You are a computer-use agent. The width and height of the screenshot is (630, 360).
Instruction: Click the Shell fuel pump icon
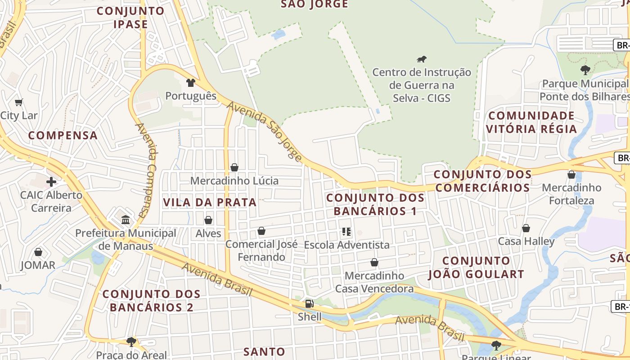[x=309, y=304]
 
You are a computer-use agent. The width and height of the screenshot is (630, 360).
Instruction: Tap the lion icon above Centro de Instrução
[x=422, y=59]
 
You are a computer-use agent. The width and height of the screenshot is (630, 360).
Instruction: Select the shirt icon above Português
[x=191, y=83]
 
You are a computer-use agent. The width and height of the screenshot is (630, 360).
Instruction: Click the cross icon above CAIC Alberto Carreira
[x=51, y=182]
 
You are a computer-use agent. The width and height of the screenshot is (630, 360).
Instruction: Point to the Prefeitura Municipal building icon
[x=126, y=220]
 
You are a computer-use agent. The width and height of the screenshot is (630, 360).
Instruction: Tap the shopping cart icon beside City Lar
[x=19, y=102]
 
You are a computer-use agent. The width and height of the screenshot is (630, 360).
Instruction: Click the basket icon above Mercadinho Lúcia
[x=234, y=167]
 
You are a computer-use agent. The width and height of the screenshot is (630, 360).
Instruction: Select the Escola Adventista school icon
[x=346, y=232]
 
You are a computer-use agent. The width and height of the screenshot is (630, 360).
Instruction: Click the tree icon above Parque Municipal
[x=585, y=70]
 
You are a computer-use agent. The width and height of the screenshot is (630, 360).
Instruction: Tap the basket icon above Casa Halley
[x=526, y=228]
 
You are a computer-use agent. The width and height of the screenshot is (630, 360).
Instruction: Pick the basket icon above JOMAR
[x=38, y=252]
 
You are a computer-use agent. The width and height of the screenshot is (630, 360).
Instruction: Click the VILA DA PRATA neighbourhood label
[x=210, y=202]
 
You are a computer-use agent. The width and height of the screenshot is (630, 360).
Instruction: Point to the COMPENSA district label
[x=63, y=135]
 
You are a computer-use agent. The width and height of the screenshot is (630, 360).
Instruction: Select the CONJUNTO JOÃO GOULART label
[x=476, y=267]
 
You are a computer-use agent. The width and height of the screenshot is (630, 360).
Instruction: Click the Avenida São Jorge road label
[x=265, y=131]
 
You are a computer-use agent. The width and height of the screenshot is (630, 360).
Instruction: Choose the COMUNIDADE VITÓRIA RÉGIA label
[x=531, y=122]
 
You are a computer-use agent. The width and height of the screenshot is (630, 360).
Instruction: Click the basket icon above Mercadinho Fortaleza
[x=571, y=174]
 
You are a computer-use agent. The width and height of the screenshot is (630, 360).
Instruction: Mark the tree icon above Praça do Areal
[x=131, y=342]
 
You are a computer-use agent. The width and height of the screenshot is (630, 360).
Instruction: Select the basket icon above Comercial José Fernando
[x=261, y=231]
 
